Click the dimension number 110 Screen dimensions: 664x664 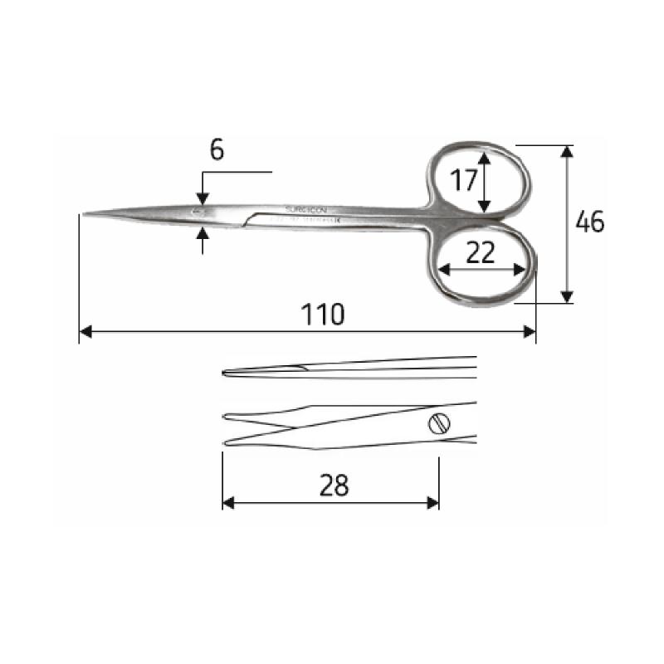pos(322,315)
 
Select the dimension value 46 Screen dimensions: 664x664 pos(590,222)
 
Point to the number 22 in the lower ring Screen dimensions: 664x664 pos(481,252)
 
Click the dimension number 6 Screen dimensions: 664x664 pos(217,149)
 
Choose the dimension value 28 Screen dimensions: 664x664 pos(334,486)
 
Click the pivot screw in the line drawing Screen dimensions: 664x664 pos(439,424)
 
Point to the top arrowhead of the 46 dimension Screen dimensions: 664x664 pos(567,151)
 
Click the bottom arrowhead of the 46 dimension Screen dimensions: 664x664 pos(567,296)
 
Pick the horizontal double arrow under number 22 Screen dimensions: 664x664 pos(482,269)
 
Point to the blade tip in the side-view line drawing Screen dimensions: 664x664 pos(225,373)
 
